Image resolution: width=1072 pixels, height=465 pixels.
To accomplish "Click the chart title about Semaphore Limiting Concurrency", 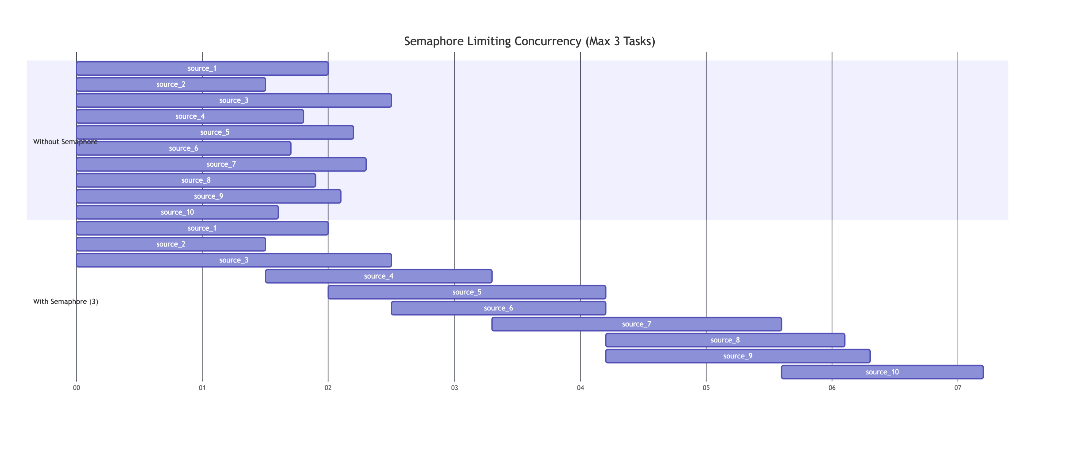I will click(529, 41).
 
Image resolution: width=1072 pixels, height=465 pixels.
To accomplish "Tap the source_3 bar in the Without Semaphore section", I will click(234, 100).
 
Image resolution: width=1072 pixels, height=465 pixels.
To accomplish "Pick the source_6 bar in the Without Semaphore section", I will click(183, 148).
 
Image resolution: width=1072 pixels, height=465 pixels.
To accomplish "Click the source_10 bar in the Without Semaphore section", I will click(177, 212).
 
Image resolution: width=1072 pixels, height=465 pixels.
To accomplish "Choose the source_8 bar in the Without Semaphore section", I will click(196, 180).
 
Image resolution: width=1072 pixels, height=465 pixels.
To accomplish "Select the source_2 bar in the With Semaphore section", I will click(171, 244).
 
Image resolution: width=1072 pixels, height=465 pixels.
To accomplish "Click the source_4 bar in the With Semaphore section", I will click(378, 276).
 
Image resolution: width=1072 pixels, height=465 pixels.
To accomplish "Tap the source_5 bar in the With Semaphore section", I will click(466, 292).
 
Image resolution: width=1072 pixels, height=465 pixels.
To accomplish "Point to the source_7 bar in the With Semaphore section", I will click(636, 324).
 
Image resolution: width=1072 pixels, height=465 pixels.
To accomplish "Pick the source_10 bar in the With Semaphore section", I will click(882, 372).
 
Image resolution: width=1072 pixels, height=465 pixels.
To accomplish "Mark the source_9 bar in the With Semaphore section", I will click(737, 356).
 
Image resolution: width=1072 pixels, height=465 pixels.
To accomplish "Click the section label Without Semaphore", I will click(65, 142).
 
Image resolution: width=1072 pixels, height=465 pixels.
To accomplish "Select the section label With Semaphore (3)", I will click(66, 302).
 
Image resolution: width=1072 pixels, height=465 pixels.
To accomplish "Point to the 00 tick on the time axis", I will click(76, 388).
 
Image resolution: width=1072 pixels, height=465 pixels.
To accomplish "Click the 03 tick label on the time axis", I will click(455, 388).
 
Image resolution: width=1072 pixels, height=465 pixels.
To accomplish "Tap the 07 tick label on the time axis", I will click(958, 388).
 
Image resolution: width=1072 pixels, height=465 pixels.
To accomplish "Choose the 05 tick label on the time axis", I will click(706, 388).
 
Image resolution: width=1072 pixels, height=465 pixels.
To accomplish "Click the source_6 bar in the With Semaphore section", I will click(498, 309).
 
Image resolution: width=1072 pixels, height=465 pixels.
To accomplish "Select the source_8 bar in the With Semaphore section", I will click(725, 340).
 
